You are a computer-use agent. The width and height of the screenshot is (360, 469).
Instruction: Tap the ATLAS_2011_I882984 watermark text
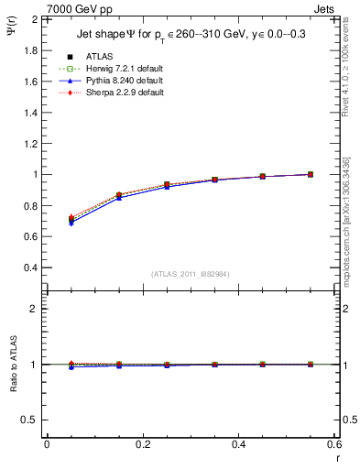[x=191, y=274]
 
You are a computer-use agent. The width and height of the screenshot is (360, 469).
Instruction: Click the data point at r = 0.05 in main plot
[x=71, y=219]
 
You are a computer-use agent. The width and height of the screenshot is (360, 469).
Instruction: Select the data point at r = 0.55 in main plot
[x=310, y=174]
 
